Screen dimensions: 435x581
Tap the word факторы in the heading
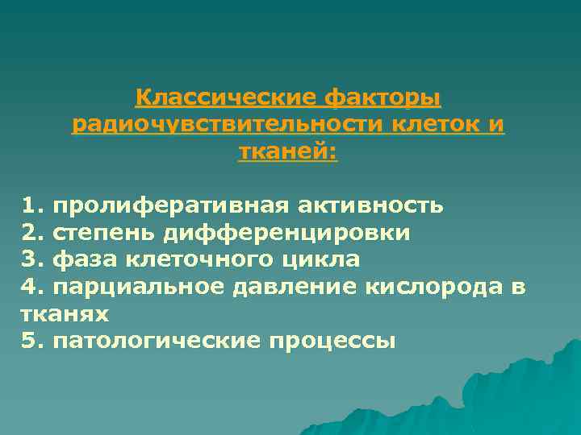point(382,98)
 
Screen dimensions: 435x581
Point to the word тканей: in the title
point(288,152)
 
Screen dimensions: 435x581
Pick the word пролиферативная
point(170,205)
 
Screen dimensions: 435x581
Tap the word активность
point(370,205)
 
